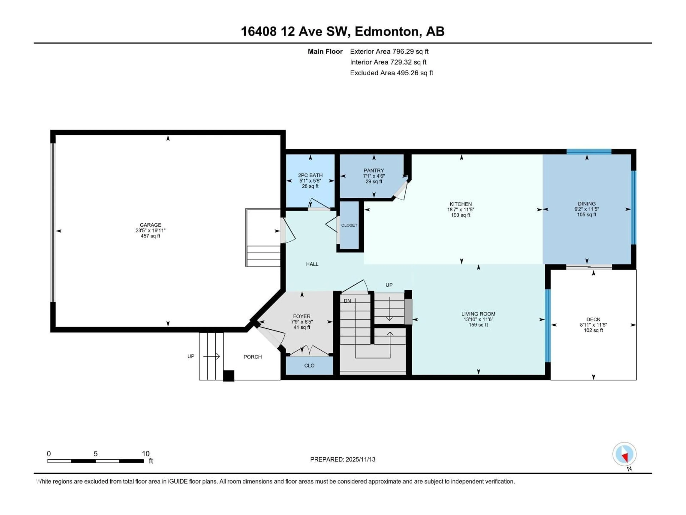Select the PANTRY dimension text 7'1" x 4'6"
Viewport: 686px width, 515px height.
coord(374,176)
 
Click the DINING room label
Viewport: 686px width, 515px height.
coord(586,204)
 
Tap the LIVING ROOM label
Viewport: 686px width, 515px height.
coord(478,314)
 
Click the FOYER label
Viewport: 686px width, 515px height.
coord(301,316)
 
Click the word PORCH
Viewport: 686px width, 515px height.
coord(252,357)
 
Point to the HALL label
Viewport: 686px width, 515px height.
coord(312,264)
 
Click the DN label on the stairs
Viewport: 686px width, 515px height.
coord(347,301)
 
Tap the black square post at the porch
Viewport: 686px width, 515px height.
coord(228,376)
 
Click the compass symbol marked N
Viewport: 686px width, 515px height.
coord(624,454)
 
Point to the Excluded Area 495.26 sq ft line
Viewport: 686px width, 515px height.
coord(391,73)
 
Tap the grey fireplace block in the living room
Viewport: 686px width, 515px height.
coord(408,312)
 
